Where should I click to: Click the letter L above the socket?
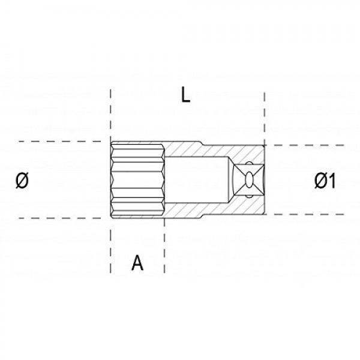click(x=186, y=95)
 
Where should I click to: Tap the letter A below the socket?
click(x=137, y=263)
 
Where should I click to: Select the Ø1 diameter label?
click(x=324, y=180)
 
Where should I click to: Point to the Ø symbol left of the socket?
click(x=21, y=180)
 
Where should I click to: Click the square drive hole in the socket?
click(x=248, y=179)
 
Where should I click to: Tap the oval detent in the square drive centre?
click(x=248, y=179)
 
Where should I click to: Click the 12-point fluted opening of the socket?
click(x=137, y=180)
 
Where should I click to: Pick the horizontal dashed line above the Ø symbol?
click(x=54, y=142)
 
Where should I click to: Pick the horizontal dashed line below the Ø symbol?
click(x=54, y=218)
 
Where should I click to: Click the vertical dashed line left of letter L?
click(x=110, y=114)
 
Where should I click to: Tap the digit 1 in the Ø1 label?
click(x=331, y=180)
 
